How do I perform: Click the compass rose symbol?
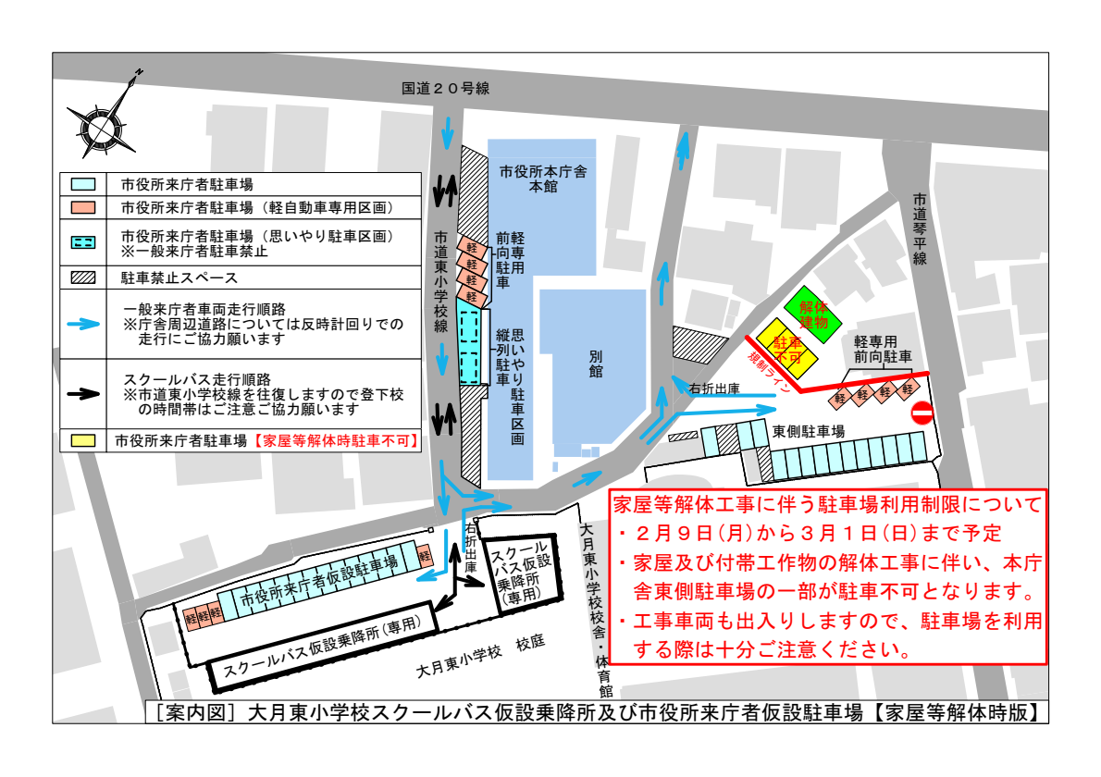coord(100,122)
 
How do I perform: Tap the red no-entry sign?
coord(922,413)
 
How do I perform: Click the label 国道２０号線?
coord(445,89)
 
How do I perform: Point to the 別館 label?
coord(595,363)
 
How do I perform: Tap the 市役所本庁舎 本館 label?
coord(543,179)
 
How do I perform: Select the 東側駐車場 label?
coord(809,431)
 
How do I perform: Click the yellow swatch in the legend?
coord(83,440)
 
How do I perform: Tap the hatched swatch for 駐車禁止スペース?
coord(83,277)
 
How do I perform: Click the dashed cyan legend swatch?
coord(83,242)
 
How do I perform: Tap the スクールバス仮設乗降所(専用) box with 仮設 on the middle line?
coord(524,574)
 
